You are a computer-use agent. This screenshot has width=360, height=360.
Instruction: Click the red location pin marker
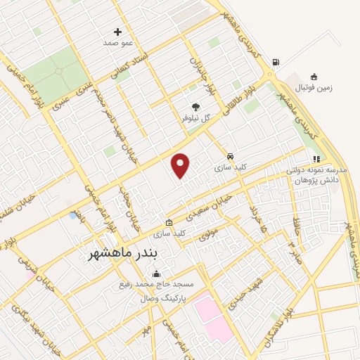point(181,165)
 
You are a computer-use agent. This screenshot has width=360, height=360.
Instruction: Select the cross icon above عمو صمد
point(117,32)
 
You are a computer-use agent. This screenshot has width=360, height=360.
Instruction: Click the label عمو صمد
point(117,43)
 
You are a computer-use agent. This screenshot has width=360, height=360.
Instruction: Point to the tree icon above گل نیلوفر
point(195,106)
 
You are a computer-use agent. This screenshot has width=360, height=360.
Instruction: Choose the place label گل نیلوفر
point(195,118)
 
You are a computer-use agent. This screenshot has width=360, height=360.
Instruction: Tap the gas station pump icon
point(274,62)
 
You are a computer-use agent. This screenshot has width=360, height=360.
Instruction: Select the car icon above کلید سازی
point(230,156)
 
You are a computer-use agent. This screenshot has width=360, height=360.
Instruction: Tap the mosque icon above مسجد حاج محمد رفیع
point(155,274)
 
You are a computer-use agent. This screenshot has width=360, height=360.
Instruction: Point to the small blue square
point(74,215)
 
